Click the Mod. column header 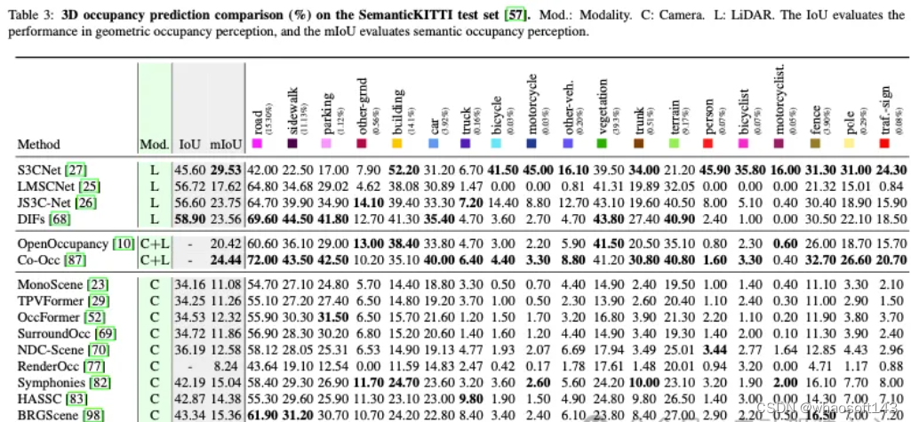coord(152,144)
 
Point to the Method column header coord(39,144)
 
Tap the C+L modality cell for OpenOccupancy coord(152,243)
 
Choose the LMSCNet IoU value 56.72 coord(188,185)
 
